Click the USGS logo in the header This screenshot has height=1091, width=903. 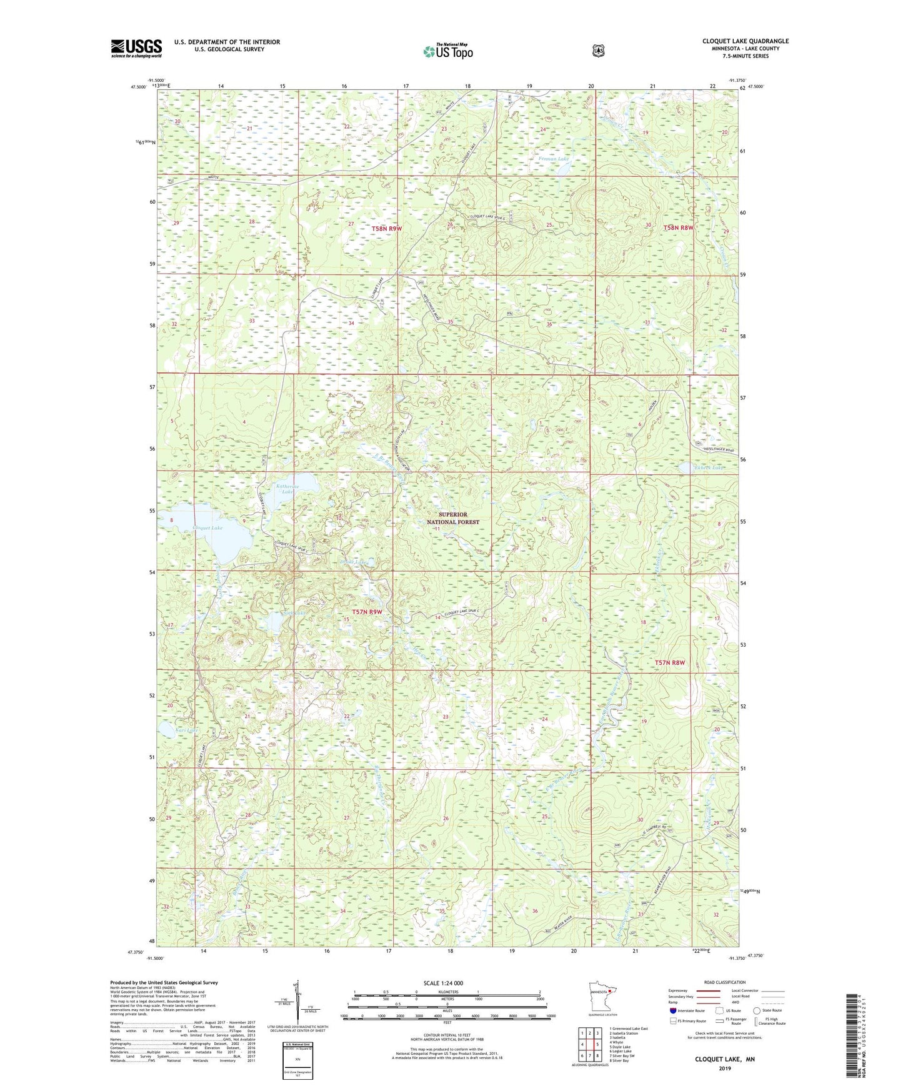click(136, 48)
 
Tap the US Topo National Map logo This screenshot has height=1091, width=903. click(447, 51)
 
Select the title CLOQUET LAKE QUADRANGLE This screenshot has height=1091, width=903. click(745, 41)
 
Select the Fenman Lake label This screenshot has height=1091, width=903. click(554, 159)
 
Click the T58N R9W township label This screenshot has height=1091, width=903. click(386, 229)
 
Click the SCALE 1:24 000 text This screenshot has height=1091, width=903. click(443, 983)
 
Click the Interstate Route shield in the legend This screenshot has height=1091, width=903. click(672, 1010)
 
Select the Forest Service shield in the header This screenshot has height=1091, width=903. click(598, 50)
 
